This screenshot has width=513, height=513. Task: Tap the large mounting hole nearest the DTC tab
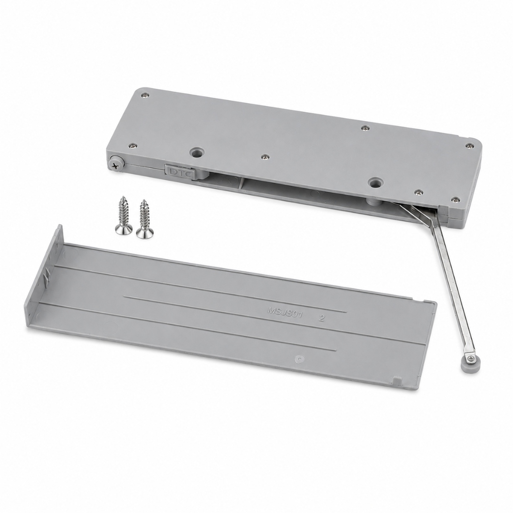tap(197, 152)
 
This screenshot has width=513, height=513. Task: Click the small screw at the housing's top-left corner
tap(144, 96)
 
